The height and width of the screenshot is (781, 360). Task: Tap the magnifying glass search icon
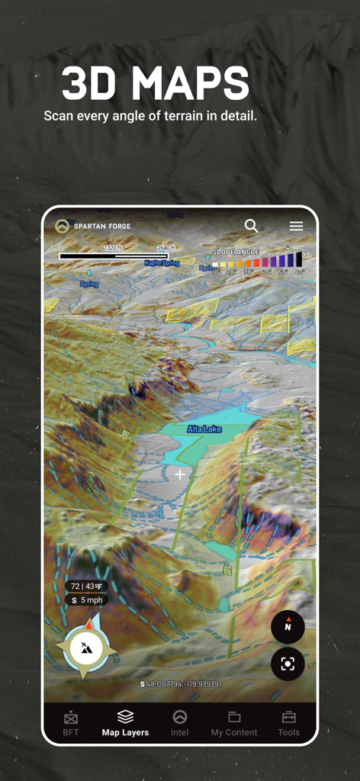tap(251, 226)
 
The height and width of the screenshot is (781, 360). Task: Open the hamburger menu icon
tap(296, 226)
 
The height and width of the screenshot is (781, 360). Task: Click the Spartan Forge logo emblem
tap(62, 226)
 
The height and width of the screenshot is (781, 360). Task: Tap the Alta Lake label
tap(204, 429)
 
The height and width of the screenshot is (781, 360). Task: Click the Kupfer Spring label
tap(162, 262)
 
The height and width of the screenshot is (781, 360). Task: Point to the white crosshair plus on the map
tap(180, 474)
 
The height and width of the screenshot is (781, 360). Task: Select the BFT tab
tap(71, 723)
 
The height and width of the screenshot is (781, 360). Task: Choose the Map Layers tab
tap(125, 723)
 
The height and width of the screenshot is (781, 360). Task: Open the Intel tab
tap(180, 723)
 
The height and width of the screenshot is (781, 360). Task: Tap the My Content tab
tap(234, 723)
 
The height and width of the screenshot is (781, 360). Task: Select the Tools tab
tap(289, 723)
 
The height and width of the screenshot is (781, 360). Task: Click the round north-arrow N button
tap(288, 627)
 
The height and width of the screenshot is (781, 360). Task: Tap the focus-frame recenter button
tap(288, 664)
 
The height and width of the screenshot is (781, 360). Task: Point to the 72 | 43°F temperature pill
tap(86, 586)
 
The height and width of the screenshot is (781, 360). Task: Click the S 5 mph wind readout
tap(86, 600)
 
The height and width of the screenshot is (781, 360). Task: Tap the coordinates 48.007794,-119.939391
tap(181, 684)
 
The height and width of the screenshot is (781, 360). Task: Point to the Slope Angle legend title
tap(236, 252)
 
